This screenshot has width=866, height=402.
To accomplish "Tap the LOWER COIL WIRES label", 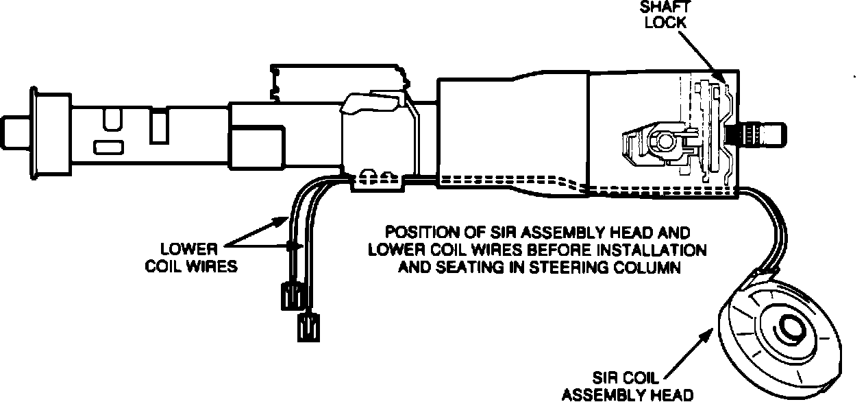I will coord(191,257).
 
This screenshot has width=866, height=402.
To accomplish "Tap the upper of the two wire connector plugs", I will coord(290,296).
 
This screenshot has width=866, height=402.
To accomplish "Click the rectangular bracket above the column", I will coord(336,80).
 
